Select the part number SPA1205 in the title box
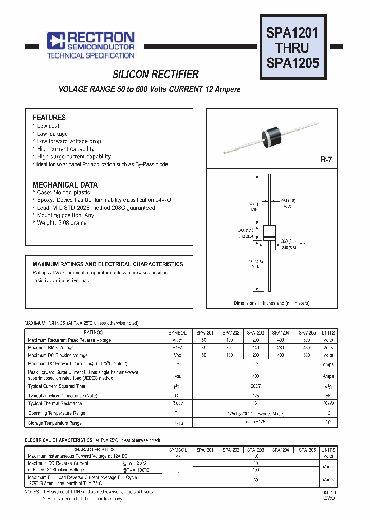(292, 63)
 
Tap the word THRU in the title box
(292, 48)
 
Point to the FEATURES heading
(49, 117)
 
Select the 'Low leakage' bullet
(52, 134)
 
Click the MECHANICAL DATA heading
(65, 184)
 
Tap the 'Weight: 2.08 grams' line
(61, 223)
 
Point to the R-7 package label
(326, 160)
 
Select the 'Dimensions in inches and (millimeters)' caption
(271, 303)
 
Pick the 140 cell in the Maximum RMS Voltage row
(255, 347)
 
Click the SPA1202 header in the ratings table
(230, 332)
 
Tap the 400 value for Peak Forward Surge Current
(255, 376)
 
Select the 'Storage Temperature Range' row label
(54, 423)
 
